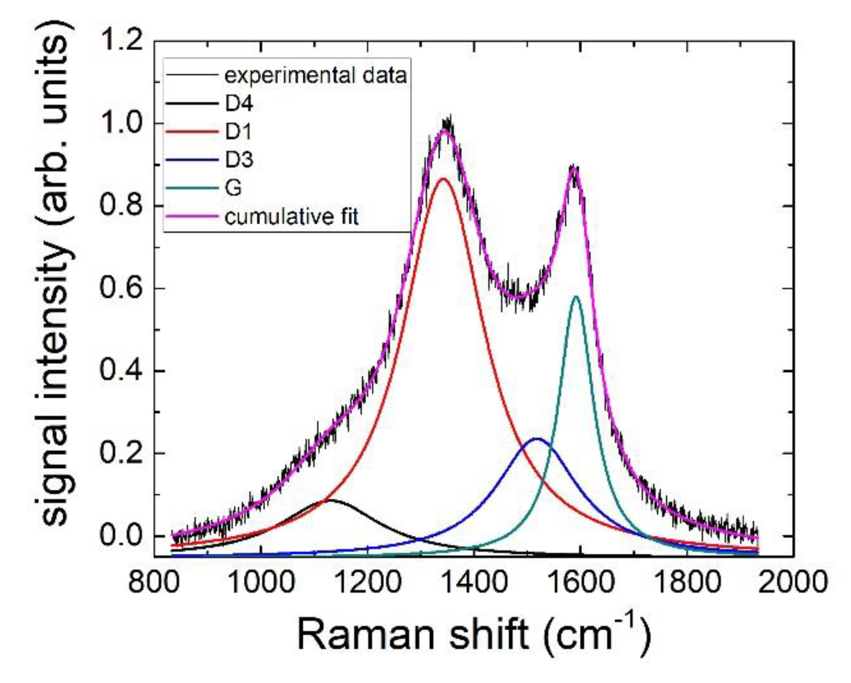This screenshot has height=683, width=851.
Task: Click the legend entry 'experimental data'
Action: click(x=315, y=76)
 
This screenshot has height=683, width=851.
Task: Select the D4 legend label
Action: click(x=239, y=103)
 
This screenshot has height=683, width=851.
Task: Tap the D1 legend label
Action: click(x=238, y=132)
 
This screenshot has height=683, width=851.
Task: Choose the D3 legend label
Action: click(x=239, y=160)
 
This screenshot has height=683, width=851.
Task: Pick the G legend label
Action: click(x=233, y=188)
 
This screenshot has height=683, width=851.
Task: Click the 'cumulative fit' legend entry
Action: click(x=291, y=217)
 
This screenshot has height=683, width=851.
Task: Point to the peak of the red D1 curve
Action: click(x=443, y=179)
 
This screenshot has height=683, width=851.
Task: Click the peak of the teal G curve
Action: click(x=576, y=296)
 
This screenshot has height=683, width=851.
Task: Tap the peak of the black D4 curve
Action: click(x=330, y=500)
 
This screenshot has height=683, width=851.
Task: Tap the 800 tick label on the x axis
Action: click(x=154, y=582)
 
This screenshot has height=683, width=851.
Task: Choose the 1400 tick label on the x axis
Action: click(x=475, y=582)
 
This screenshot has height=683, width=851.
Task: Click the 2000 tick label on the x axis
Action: click(x=793, y=582)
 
